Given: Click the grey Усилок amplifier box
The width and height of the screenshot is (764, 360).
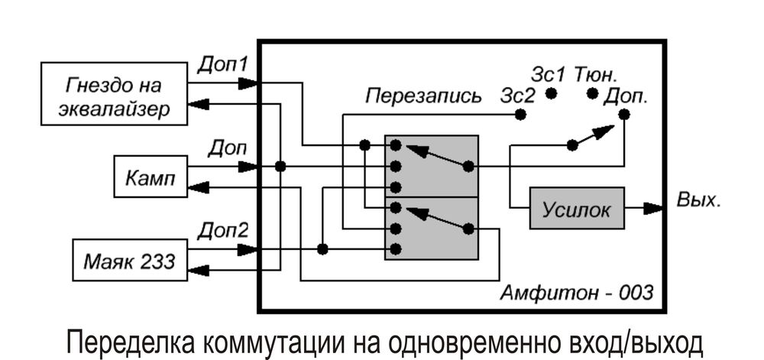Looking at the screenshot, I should pyautogui.click(x=577, y=208).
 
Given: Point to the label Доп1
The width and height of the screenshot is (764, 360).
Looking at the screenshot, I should pyautogui.click(x=222, y=64).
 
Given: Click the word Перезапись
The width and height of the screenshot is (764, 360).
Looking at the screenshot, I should pyautogui.click(x=422, y=96).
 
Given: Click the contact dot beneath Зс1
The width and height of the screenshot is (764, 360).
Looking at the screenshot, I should pyautogui.click(x=551, y=94).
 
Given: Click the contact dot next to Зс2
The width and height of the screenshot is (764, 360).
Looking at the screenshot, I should pyautogui.click(x=521, y=115).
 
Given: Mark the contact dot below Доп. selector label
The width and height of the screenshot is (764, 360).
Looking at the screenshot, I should pyautogui.click(x=624, y=115).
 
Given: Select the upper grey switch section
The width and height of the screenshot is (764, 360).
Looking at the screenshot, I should pyautogui.click(x=432, y=166).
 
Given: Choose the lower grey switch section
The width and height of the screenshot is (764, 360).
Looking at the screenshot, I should pyautogui.click(x=432, y=228).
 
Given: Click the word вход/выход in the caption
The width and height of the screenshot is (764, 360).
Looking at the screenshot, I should pyautogui.click(x=626, y=342).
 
